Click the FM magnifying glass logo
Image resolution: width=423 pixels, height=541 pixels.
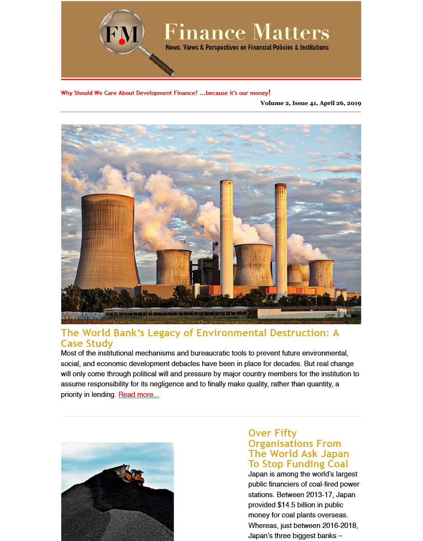point(122,32)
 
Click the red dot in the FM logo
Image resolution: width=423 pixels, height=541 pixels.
point(122,42)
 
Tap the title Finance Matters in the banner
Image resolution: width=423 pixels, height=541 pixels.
point(246,32)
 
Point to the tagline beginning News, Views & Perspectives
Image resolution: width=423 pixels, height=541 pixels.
point(247,48)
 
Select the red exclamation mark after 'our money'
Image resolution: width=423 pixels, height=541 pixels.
point(269,92)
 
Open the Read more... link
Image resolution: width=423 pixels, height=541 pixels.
point(138,395)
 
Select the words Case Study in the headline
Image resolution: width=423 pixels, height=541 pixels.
point(87,343)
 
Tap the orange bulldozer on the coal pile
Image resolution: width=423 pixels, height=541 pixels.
point(133,475)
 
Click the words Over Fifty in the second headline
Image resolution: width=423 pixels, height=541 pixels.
point(273,433)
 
